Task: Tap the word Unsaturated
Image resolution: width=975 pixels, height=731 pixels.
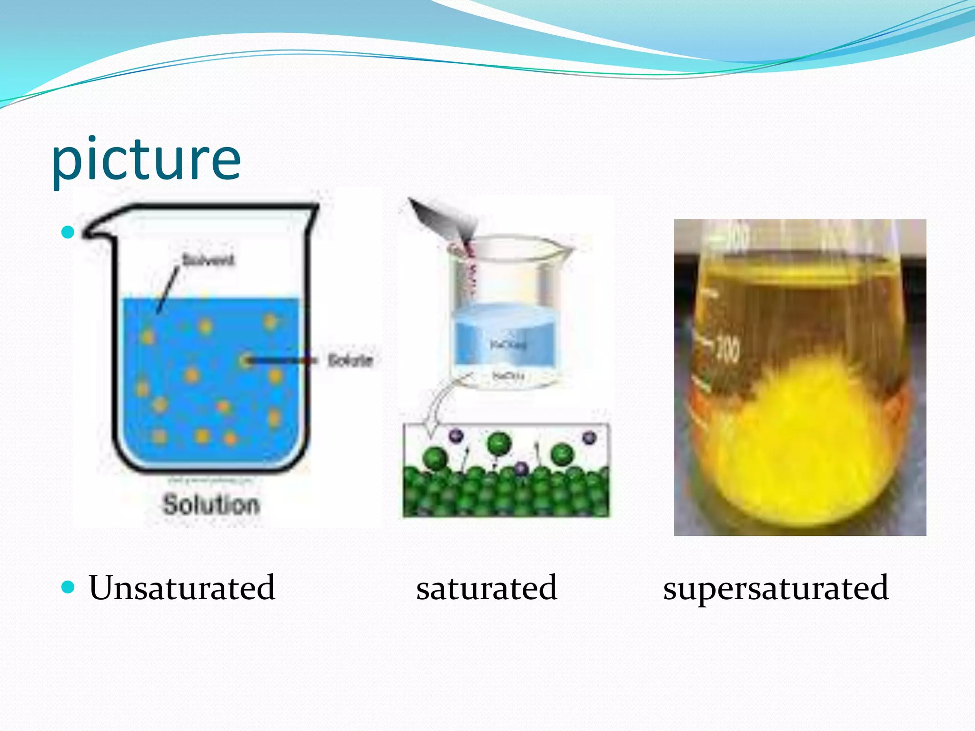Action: pyautogui.click(x=182, y=588)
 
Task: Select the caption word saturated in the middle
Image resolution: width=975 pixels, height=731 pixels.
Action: pyautogui.click(x=487, y=588)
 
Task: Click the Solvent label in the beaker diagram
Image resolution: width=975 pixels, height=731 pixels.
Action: pyautogui.click(x=208, y=260)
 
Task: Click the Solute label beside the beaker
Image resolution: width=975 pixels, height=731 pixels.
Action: pyautogui.click(x=350, y=360)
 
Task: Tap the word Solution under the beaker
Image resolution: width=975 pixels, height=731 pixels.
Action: pyautogui.click(x=211, y=504)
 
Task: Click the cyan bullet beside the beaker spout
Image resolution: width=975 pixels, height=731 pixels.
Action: pyautogui.click(x=69, y=232)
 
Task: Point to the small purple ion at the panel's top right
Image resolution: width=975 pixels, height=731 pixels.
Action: pyautogui.click(x=589, y=437)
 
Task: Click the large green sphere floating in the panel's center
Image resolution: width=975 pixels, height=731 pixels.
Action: pyautogui.click(x=498, y=444)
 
